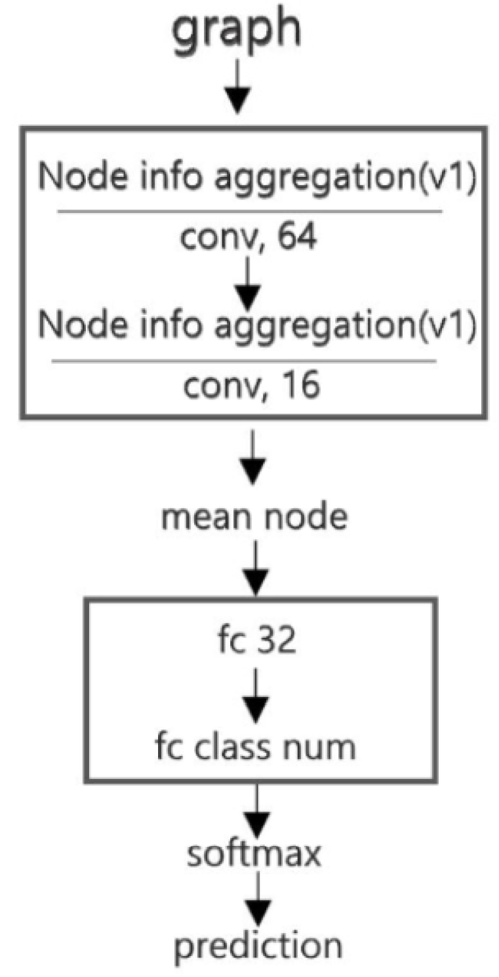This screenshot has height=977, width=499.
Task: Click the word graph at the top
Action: click(240, 33)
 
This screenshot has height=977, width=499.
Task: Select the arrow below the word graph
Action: click(241, 85)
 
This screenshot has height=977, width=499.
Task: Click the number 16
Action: click(298, 386)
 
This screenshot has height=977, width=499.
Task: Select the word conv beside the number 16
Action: click(223, 386)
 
